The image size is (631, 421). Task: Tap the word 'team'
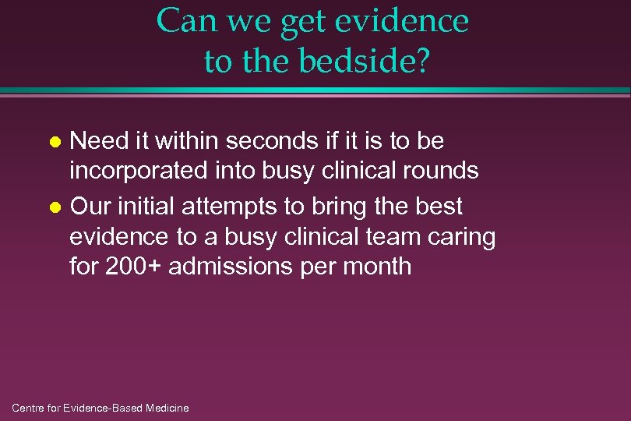point(386,236)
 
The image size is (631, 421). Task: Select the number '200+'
point(133,266)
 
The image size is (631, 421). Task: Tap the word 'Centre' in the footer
point(30,408)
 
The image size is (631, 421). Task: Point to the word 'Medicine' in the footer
point(167,408)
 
